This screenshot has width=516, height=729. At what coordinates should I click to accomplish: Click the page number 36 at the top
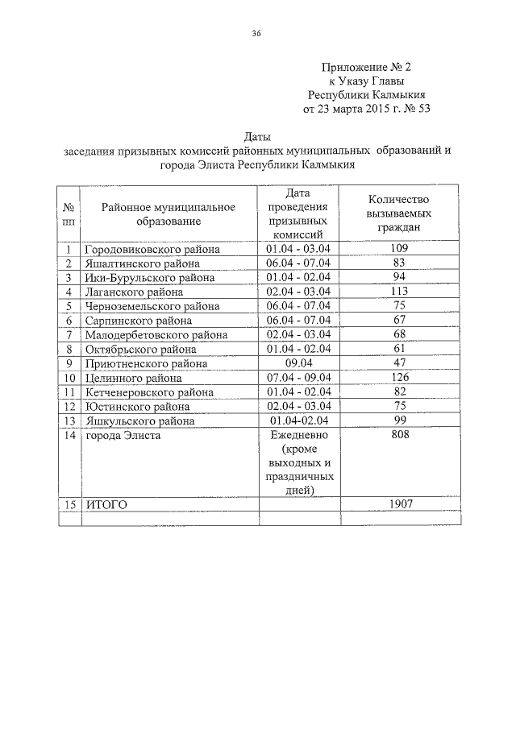point(257,33)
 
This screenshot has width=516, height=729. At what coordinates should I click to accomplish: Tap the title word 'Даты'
point(257,136)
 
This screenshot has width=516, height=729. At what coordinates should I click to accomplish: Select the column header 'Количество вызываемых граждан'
point(400,213)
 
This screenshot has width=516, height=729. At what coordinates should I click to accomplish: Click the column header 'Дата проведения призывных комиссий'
point(298,213)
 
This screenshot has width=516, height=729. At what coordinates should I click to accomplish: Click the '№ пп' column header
point(70,213)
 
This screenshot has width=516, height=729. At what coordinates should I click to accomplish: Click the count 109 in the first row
point(400,248)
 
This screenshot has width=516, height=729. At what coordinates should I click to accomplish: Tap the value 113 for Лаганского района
point(400,291)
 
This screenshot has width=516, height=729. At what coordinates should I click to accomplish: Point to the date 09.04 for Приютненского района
point(298,362)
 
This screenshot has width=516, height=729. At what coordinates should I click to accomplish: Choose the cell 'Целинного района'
point(132,378)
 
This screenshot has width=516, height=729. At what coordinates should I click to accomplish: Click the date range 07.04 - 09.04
point(298,377)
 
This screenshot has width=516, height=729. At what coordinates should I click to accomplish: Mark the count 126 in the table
point(400,377)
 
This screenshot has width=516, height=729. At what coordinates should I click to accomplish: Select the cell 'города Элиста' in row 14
point(123,435)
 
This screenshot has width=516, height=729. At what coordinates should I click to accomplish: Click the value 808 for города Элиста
point(400,435)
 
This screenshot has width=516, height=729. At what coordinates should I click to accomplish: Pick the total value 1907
point(400,504)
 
